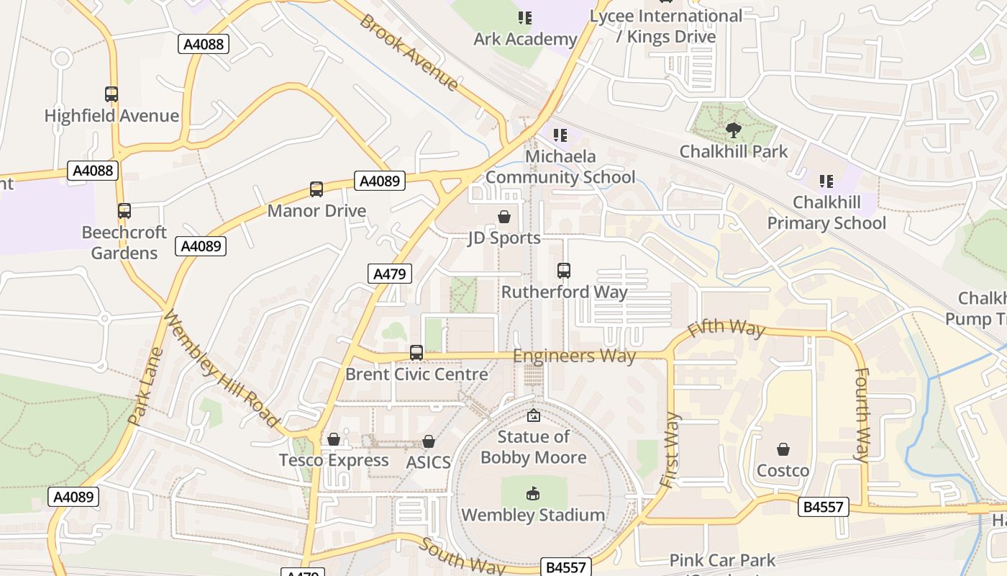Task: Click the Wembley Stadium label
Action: coord(533,515)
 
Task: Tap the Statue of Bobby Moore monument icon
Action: coord(534,415)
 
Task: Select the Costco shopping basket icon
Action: coord(783,449)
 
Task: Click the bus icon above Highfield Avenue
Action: coord(111,94)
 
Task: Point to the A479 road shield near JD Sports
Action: coord(390,274)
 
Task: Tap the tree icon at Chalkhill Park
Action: coord(733,130)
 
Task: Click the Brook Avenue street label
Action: coord(409,53)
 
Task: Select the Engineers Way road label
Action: coord(574,356)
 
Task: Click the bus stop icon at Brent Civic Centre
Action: coord(416,353)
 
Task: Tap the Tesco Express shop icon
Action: coord(334,439)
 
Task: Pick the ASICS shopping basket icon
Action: coord(429,441)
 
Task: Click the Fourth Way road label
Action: coord(861,415)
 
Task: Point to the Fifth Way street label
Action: coord(726,328)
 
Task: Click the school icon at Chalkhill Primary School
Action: coord(826,181)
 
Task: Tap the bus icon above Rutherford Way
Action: coord(564,271)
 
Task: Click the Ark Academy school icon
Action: coord(525,17)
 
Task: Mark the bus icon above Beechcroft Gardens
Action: coord(124,211)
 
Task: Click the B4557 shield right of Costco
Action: coord(824,507)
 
